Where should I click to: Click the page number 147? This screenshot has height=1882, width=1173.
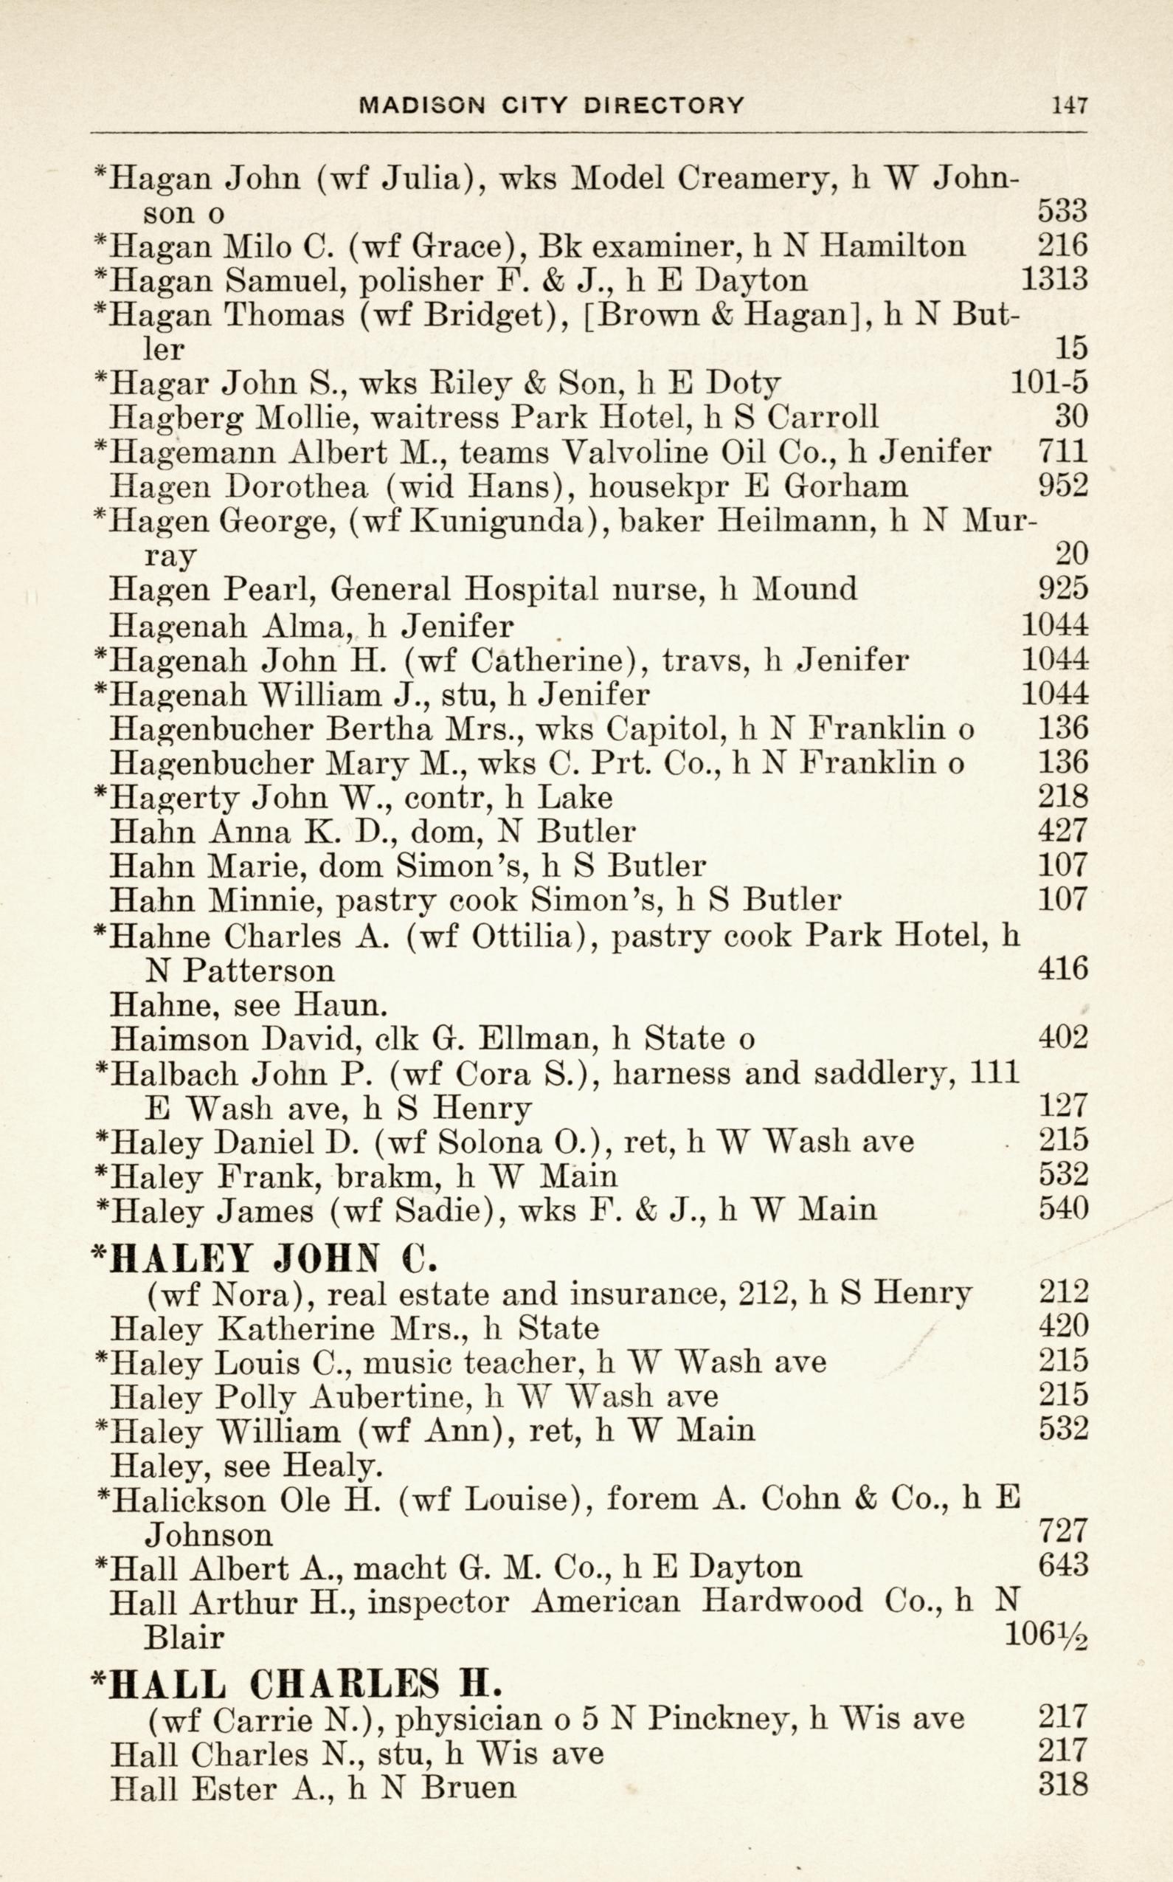pyautogui.click(x=1070, y=105)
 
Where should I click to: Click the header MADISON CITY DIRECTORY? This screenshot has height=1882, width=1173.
pyautogui.click(x=552, y=105)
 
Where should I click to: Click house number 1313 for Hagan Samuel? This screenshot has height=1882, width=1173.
pyautogui.click(x=1053, y=280)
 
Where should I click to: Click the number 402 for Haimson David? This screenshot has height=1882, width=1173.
pyautogui.click(x=1063, y=1038)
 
